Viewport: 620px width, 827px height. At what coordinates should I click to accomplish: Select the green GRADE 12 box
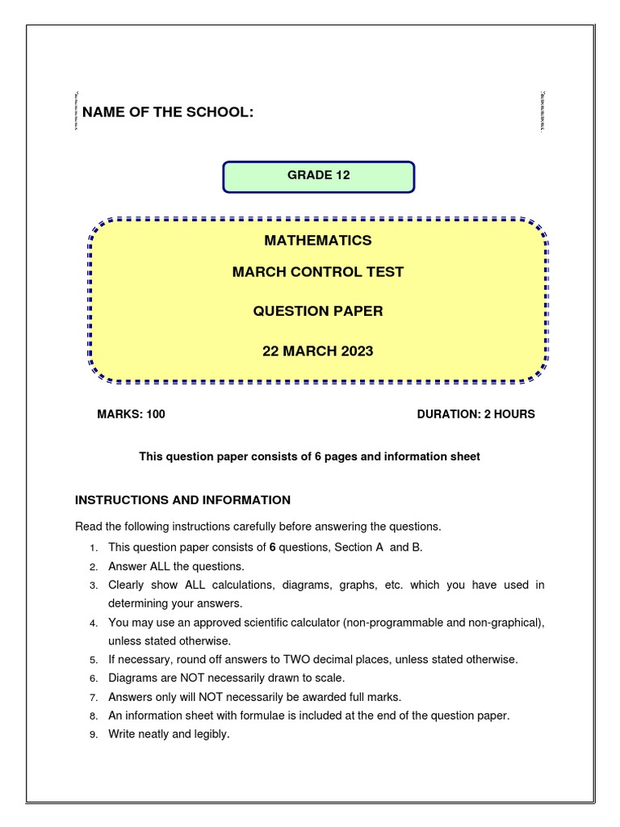(319, 176)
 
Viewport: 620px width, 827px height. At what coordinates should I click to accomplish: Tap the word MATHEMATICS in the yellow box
(318, 240)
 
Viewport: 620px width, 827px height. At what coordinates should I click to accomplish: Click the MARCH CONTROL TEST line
(318, 271)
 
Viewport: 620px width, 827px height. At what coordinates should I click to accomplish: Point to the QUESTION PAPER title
(318, 311)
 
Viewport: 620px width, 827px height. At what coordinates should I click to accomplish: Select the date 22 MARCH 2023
(318, 351)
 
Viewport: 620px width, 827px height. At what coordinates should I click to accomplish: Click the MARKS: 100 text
(131, 414)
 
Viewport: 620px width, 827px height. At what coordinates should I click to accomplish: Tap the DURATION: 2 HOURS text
(475, 414)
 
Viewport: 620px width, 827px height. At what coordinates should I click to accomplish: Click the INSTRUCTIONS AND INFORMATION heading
(182, 500)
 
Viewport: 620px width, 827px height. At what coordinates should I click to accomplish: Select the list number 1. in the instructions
(94, 548)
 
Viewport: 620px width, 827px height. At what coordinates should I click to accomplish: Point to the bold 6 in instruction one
(273, 548)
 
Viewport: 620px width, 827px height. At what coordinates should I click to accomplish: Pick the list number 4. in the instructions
(94, 623)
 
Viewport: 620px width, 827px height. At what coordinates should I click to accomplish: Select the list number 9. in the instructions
(94, 735)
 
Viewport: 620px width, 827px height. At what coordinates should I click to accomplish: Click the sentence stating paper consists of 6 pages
(309, 457)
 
